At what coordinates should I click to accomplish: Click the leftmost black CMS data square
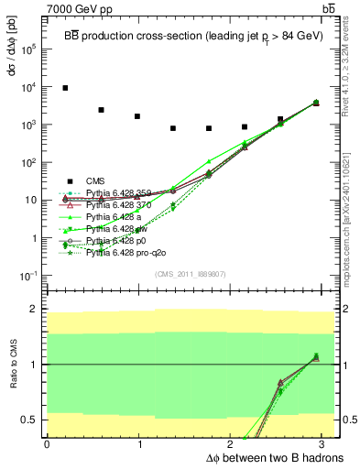click(65, 88)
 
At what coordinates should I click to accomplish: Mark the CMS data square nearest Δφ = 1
click(137, 116)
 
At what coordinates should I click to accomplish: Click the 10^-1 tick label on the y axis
click(32, 276)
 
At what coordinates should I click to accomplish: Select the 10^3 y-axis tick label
click(32, 124)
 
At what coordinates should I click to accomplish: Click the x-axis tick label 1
click(139, 444)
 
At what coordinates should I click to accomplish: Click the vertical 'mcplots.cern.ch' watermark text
click(351, 211)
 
